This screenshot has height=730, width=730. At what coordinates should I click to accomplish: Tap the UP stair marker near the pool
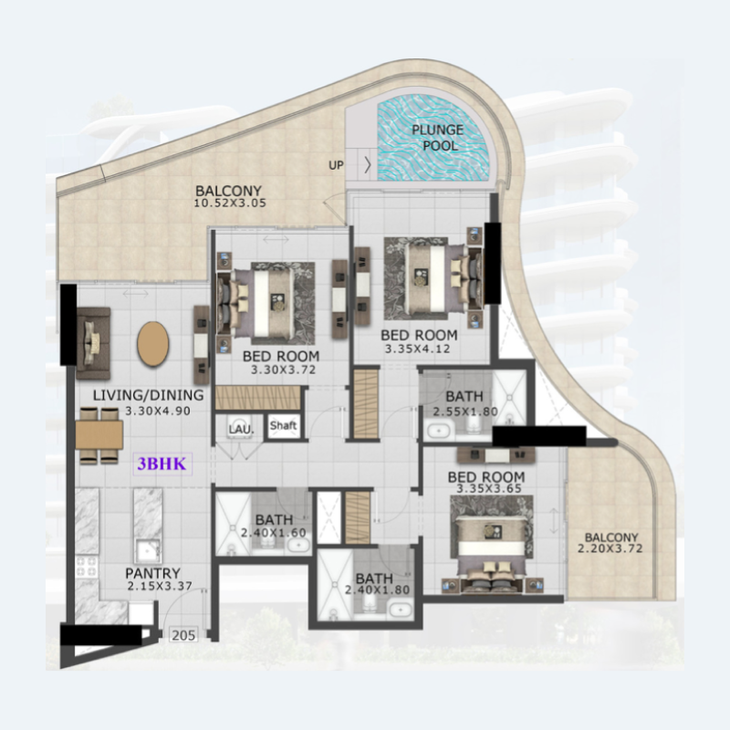337,165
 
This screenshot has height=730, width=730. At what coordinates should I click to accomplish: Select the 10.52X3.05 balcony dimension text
230,203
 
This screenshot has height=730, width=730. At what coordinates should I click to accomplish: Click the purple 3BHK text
162,464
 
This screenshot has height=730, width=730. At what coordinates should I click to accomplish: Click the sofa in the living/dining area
92,341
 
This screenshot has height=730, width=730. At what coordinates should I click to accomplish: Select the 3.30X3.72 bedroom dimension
282,370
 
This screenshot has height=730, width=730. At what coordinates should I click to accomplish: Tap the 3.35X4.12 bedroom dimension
418,349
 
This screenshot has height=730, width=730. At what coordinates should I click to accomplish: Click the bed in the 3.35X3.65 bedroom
494,547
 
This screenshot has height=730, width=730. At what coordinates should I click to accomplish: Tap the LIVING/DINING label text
139,396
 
